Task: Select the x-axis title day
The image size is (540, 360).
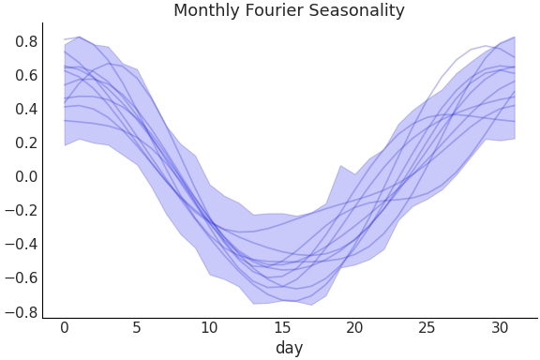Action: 289,348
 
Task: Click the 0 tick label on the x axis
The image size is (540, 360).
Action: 65,328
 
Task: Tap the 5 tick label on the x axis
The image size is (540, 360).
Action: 137,328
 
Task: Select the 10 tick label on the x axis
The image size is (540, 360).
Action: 209,328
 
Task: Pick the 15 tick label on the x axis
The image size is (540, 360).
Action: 282,328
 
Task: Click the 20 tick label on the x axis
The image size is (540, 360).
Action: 354,328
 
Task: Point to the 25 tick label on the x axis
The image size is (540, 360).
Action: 427,328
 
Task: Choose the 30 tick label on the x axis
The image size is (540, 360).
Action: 499,328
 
